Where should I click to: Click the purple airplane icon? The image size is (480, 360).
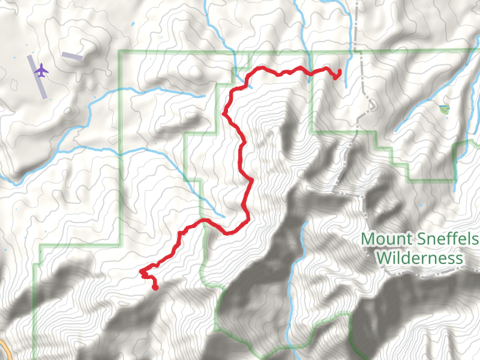click(x=41, y=71)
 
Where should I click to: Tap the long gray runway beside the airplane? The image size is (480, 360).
click(x=37, y=77)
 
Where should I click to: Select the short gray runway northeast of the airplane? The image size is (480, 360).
click(x=72, y=56)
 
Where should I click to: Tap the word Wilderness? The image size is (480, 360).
click(x=419, y=259)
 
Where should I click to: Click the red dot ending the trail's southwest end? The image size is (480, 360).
click(x=155, y=287)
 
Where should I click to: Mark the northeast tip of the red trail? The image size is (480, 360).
click(x=340, y=72)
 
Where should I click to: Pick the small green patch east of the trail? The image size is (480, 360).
click(x=443, y=109)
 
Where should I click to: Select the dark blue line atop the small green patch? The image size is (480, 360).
click(x=443, y=106)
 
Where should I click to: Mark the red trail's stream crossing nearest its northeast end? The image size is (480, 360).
click(x=310, y=72)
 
